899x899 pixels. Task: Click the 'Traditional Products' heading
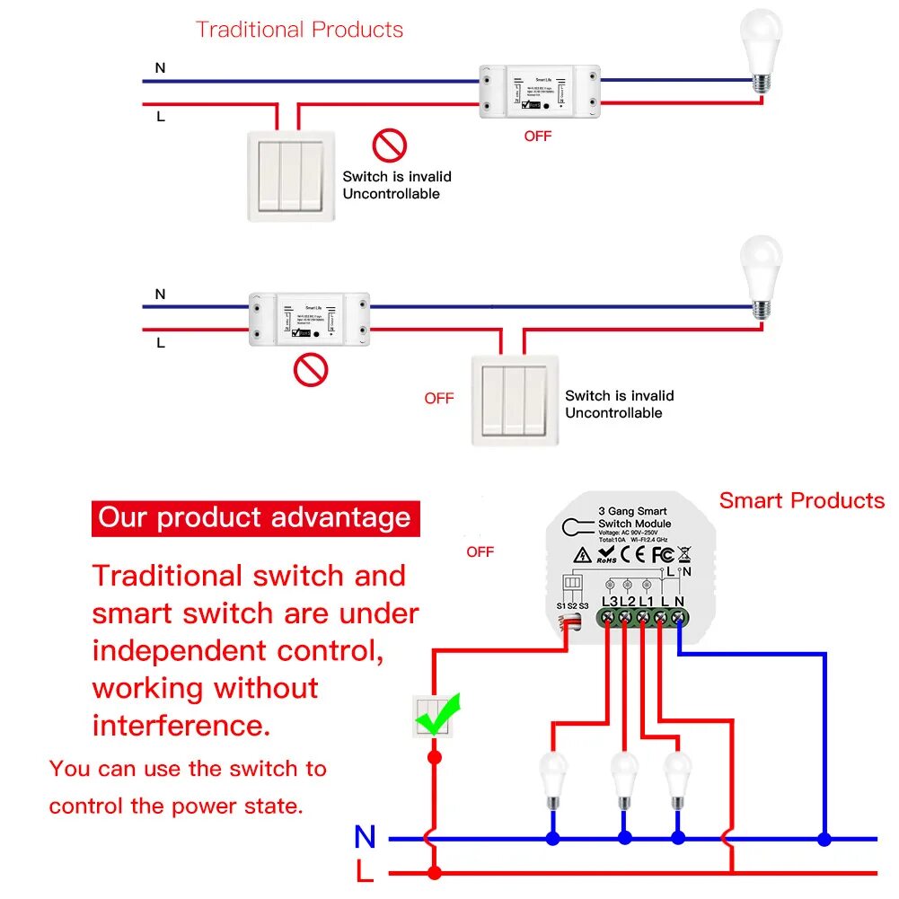(299, 30)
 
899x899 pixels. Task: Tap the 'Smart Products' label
(801, 501)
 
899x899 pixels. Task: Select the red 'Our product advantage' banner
(255, 518)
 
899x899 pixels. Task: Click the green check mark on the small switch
(437, 714)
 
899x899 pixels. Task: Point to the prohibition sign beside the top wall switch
(390, 145)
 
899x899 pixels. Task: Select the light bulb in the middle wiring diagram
(760, 277)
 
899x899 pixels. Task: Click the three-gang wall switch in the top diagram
(290, 177)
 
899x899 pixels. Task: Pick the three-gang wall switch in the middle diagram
(515, 401)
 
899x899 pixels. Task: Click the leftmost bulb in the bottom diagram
(552, 778)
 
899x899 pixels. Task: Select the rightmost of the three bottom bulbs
(678, 778)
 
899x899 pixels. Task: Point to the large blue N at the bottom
(365, 837)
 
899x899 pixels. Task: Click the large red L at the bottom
(364, 872)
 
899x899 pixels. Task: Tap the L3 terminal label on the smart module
(609, 601)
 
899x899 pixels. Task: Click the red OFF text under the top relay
(537, 137)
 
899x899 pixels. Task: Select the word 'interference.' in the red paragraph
(181, 726)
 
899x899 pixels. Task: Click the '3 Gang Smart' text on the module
(633, 511)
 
